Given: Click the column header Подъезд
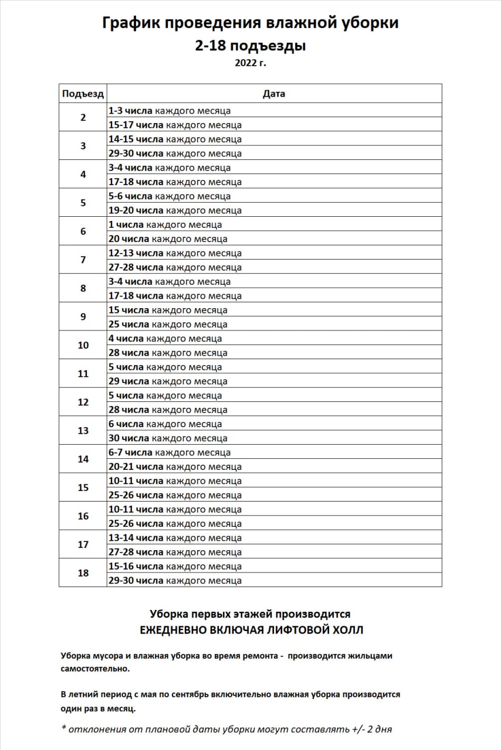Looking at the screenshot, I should (x=83, y=94).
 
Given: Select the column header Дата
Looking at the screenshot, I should (x=274, y=94).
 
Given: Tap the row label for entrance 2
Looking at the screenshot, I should (x=83, y=117).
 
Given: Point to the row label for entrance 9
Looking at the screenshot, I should (x=83, y=317).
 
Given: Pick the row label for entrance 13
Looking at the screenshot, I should (x=83, y=431).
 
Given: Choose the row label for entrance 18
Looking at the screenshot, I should (x=83, y=573).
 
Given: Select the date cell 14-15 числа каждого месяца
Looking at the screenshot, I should (x=175, y=139).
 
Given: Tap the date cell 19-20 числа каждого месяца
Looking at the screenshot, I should (x=175, y=210).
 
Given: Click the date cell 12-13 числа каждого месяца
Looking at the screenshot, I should (x=175, y=253).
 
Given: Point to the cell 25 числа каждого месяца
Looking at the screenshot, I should (x=168, y=325).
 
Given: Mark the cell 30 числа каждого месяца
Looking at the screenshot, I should (x=168, y=438).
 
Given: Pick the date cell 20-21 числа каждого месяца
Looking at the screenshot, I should (x=175, y=467).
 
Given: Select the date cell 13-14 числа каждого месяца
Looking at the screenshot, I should (x=175, y=538).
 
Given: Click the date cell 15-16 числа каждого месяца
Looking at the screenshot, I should (x=175, y=567).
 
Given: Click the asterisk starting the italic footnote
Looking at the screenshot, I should (x=63, y=729).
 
